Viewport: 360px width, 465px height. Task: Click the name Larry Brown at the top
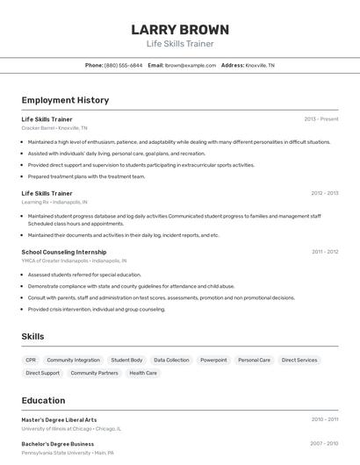click(x=180, y=29)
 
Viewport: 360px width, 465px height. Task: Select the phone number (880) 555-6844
click(x=123, y=65)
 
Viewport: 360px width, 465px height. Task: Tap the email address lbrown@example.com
click(x=191, y=65)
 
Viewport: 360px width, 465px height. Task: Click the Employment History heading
click(x=65, y=100)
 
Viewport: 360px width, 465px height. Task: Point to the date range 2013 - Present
click(x=321, y=119)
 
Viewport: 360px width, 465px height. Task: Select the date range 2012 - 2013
click(x=324, y=193)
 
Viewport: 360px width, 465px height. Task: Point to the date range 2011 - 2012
click(x=325, y=252)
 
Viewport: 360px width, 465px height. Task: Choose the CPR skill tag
click(x=31, y=360)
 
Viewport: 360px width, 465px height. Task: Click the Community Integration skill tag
click(x=74, y=360)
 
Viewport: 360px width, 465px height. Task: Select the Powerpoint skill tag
click(x=213, y=360)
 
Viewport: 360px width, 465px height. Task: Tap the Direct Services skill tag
click(x=299, y=360)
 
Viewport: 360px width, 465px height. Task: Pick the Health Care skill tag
click(x=143, y=373)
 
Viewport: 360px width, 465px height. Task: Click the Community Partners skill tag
click(x=94, y=373)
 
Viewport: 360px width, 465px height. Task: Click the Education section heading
click(x=44, y=400)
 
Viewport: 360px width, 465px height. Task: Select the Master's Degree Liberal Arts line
click(x=59, y=419)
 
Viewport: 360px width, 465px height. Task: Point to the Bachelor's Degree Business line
click(x=58, y=444)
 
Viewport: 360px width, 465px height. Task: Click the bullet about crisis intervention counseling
click(x=97, y=309)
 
